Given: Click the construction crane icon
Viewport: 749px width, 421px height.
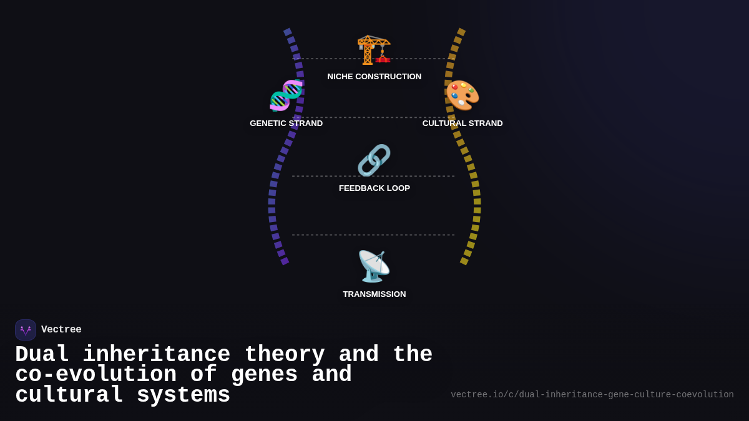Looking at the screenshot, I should pos(374,49).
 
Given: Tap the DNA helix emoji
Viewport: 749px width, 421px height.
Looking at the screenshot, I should pos(286,95).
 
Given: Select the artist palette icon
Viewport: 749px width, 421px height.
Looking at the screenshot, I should pos(463,95).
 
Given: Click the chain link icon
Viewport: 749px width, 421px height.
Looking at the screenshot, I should pos(374,160).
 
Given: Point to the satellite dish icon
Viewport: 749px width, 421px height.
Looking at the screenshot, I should pos(374,266).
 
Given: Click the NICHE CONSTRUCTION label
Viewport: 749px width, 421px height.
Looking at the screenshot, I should pos(374,77).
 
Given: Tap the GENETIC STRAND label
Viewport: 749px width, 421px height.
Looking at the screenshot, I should pos(286,123).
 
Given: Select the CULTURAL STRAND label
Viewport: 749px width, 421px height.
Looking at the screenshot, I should pos(463,123).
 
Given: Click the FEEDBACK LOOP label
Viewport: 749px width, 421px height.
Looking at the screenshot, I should pos(374,188).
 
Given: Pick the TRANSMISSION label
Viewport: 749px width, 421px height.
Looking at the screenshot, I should pos(374,294).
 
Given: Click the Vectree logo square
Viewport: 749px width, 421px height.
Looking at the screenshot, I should pos(26,330).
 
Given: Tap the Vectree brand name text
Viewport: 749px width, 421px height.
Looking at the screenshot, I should pos(61,330).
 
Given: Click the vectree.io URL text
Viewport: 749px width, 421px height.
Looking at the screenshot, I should pos(592,395).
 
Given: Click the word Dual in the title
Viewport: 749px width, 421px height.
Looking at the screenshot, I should pos(42,355).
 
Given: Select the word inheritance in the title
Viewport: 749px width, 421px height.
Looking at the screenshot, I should pos(156,355).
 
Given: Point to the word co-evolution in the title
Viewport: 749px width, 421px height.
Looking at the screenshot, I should pos(95,375).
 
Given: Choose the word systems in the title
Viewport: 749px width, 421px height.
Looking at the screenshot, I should pos(184,395).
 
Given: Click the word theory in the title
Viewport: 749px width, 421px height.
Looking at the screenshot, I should pos(285,355).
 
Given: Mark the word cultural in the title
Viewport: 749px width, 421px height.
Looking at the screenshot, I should pos(69,395).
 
